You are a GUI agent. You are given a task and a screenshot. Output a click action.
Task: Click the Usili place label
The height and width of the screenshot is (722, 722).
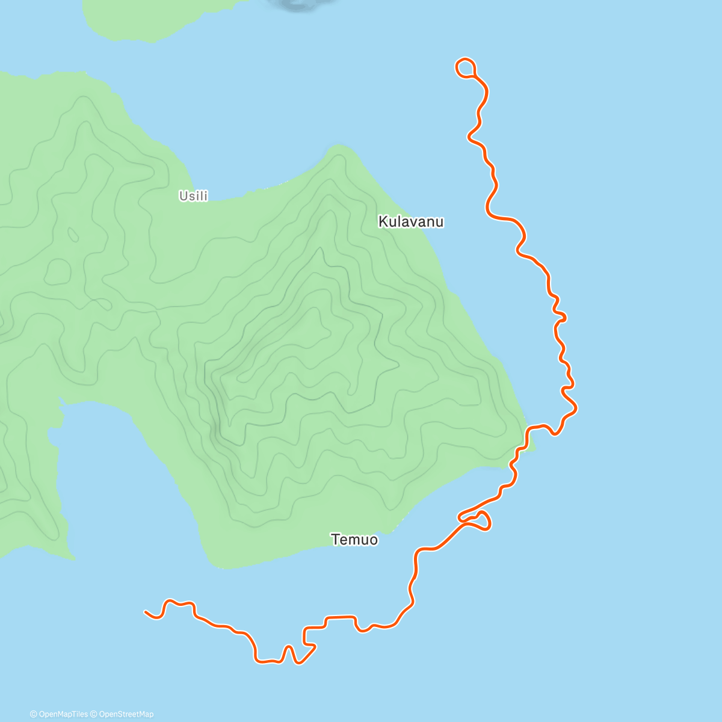pyautogui.click(x=193, y=196)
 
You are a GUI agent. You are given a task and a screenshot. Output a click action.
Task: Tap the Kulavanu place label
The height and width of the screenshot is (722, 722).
pyautogui.click(x=411, y=222)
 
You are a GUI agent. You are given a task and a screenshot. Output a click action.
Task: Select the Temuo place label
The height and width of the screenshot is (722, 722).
pyautogui.click(x=354, y=540)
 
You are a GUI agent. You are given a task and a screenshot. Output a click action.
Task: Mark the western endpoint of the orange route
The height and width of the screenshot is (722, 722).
pyautogui.click(x=146, y=612)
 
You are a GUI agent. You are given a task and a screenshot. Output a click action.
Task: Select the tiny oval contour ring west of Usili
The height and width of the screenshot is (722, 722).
pyautogui.click(x=73, y=234)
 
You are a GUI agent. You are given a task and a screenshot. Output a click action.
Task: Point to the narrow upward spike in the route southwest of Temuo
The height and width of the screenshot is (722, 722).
pyautogui.click(x=289, y=650)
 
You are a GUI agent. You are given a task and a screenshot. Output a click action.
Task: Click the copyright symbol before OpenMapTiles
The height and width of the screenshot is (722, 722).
pyautogui.click(x=33, y=714)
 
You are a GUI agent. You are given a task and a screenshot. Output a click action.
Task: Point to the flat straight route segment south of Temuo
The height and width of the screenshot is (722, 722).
pyautogui.click(x=340, y=617)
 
